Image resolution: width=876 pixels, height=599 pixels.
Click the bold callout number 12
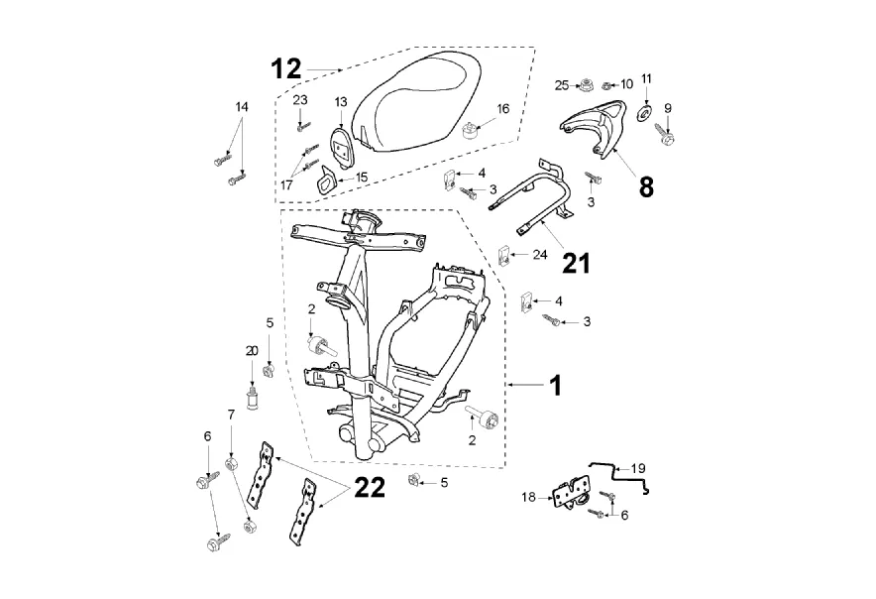286,68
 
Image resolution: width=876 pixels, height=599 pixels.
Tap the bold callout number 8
645,187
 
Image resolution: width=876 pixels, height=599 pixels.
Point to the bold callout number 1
555,385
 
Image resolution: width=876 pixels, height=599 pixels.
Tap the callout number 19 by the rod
638,466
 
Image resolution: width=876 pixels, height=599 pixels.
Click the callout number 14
242,106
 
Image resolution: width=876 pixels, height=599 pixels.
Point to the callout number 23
300,99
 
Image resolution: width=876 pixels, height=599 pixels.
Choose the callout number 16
503,108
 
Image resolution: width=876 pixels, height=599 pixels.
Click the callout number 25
562,86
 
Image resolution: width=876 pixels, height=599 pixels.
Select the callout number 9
667,108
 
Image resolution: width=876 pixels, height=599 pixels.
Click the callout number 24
539,255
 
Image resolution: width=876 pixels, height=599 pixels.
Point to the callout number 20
252,351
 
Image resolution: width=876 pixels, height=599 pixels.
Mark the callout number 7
231,414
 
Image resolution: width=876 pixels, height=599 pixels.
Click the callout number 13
340,102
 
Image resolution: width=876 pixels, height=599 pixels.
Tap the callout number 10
627,84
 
